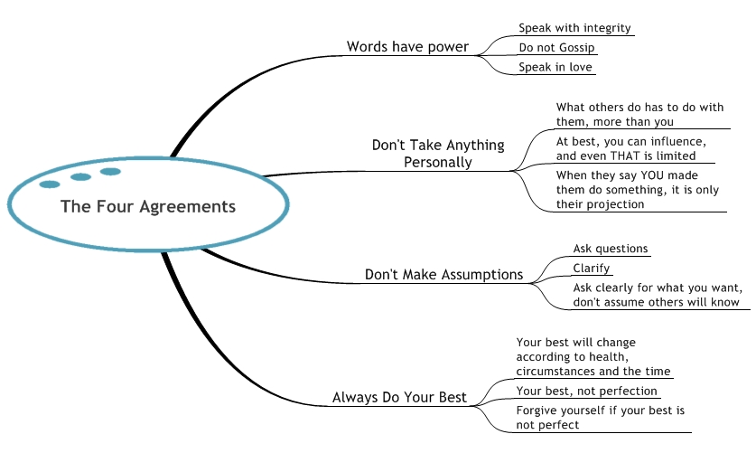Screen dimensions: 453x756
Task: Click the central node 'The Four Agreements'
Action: [x=148, y=206]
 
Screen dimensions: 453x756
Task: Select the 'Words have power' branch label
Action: [x=407, y=47]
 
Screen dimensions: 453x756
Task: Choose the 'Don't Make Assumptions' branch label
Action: [x=443, y=274]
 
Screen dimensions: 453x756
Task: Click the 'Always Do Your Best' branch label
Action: [x=399, y=397]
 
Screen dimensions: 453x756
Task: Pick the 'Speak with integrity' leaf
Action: [x=574, y=28]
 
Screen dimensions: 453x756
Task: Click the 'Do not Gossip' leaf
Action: [x=556, y=48]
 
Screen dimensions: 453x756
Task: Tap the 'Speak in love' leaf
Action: [x=556, y=67]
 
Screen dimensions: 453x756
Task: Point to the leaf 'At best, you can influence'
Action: [x=630, y=149]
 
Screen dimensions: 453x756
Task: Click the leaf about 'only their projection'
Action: [x=627, y=189]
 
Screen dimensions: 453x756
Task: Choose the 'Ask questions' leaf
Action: [x=611, y=249]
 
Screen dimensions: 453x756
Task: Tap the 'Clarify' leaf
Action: [x=592, y=269]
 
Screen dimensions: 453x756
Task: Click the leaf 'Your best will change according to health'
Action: [x=593, y=357]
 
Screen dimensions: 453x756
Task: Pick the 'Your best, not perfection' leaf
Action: [x=586, y=392]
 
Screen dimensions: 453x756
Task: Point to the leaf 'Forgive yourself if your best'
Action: [x=600, y=418]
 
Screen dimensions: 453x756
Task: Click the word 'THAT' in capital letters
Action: [x=630, y=156]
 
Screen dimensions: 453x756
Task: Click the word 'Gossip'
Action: [x=575, y=48]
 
